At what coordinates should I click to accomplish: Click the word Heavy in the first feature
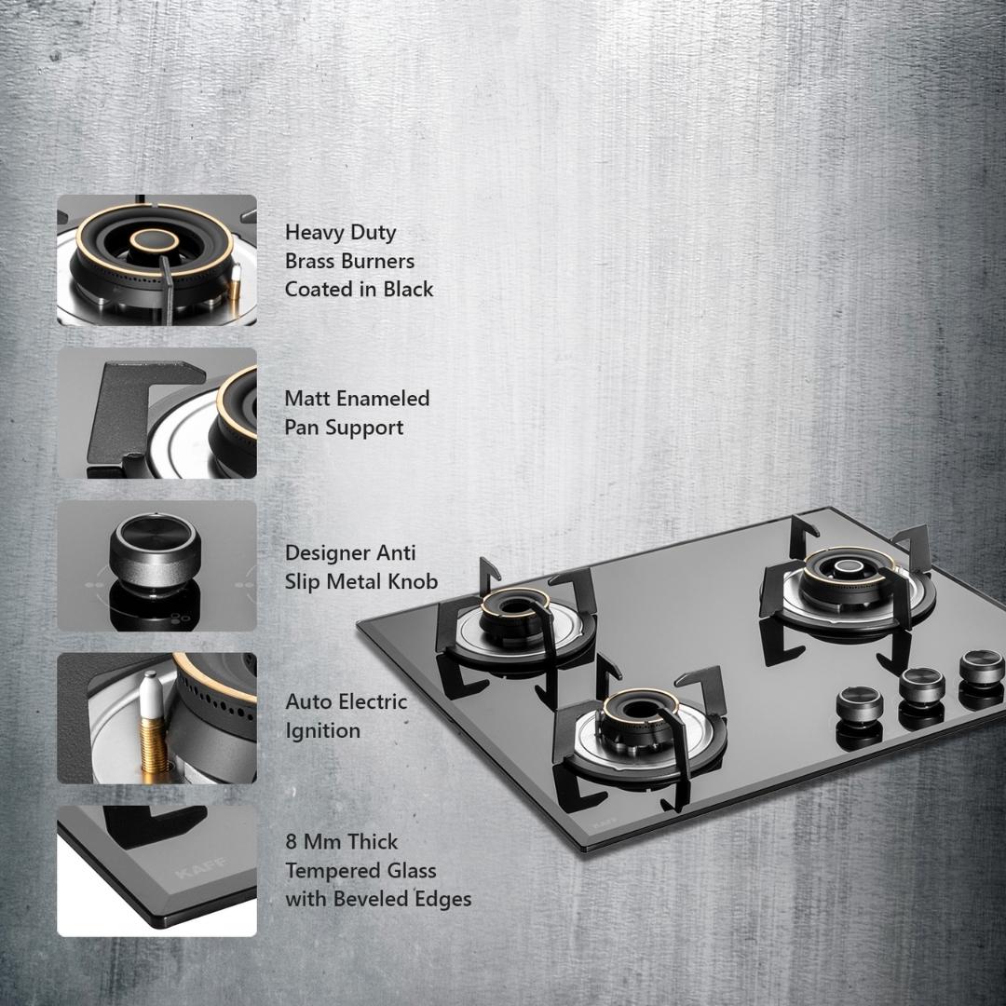pos(315,232)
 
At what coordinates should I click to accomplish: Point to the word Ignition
pos(322,731)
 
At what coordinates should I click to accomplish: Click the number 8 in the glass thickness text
pos(292,842)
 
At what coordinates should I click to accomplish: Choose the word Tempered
pos(327,871)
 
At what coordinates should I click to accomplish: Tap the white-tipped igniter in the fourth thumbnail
pos(151,724)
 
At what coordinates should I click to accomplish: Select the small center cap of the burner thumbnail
pos(155,240)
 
